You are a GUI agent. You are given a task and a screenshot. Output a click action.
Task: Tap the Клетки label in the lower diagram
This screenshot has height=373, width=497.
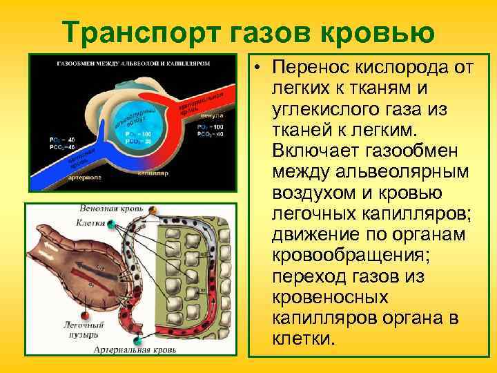pyautogui.click(x=91, y=223)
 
